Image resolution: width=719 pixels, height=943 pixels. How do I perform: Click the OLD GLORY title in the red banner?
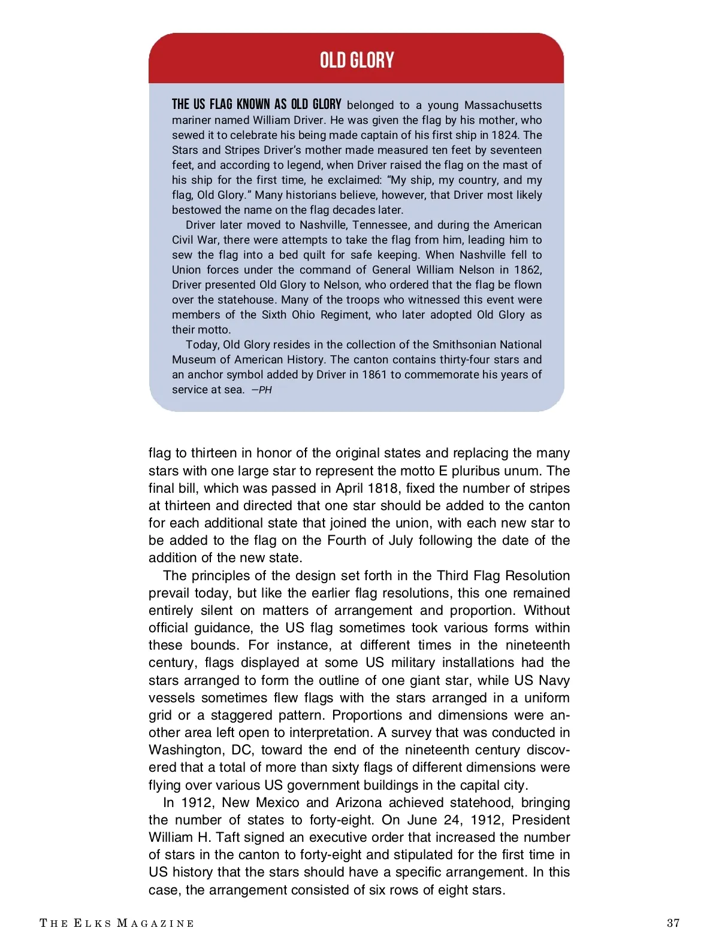point(357,60)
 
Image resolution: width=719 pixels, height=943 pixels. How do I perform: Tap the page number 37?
point(673,923)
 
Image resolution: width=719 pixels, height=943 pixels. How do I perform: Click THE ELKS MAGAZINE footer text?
point(117,923)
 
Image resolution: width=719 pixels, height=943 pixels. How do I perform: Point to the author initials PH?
point(265,390)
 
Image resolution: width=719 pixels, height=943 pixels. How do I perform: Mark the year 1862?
point(528,270)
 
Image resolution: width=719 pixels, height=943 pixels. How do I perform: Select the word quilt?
point(315,255)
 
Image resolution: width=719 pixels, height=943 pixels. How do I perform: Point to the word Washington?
point(186,750)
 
